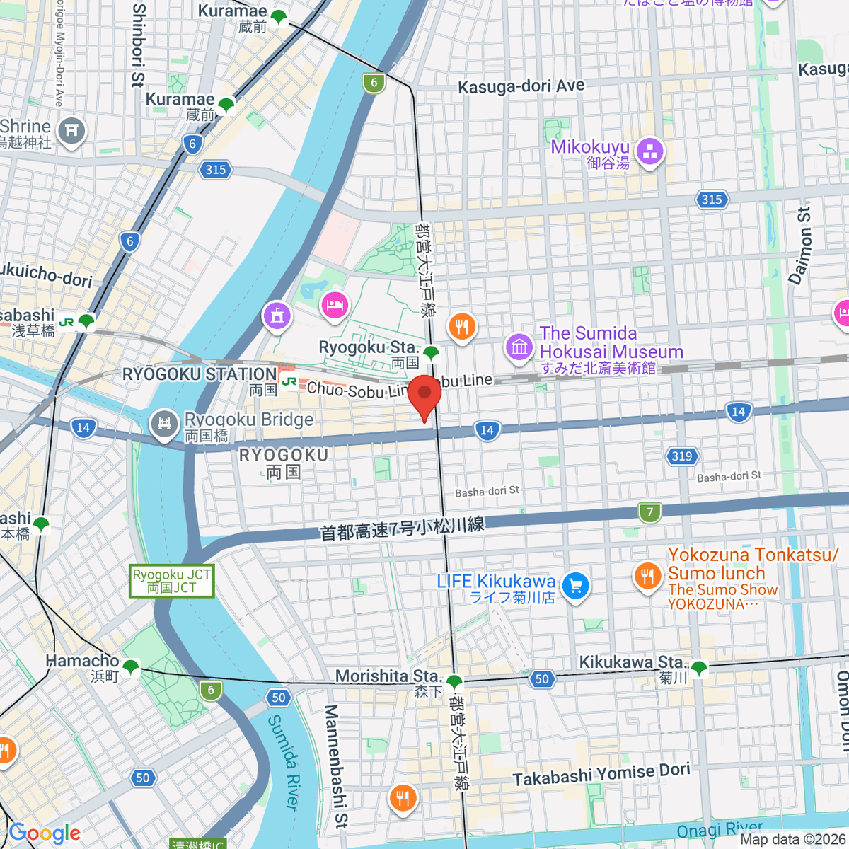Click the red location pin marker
click(424, 396)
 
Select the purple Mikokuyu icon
click(649, 152)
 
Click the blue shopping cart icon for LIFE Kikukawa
click(575, 586)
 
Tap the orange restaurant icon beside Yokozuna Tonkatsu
click(647, 576)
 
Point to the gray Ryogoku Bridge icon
click(165, 424)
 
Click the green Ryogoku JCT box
click(172, 581)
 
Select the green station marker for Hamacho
click(130, 666)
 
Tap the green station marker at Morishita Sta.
click(454, 683)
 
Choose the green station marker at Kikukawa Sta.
click(699, 667)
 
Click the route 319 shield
click(681, 456)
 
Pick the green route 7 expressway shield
click(649, 512)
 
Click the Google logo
click(45, 833)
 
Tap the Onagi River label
click(720, 829)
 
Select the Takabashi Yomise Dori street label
click(601, 775)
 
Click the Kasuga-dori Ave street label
click(521, 86)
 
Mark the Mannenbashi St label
click(337, 766)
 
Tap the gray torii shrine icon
click(72, 131)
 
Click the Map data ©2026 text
click(792, 840)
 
